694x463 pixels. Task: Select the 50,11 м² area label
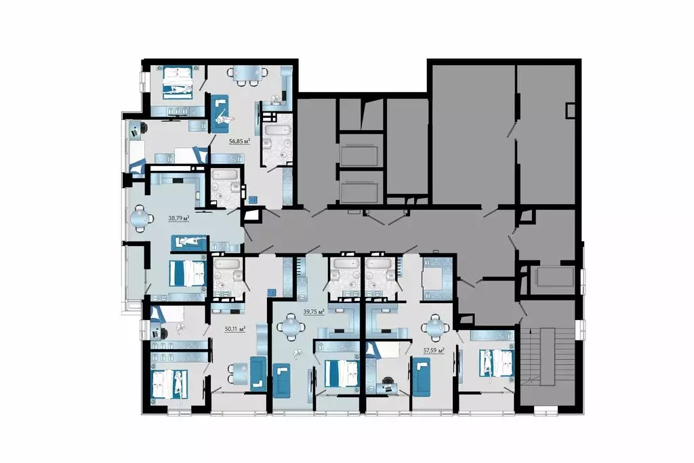click(234, 329)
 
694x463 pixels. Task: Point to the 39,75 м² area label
click(313, 311)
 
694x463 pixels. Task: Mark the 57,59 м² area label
click(433, 351)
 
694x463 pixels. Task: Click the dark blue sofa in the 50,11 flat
click(257, 372)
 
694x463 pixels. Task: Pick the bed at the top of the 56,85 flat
click(178, 81)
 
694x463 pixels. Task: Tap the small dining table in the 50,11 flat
click(239, 371)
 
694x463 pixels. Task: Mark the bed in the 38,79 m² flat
click(186, 273)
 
